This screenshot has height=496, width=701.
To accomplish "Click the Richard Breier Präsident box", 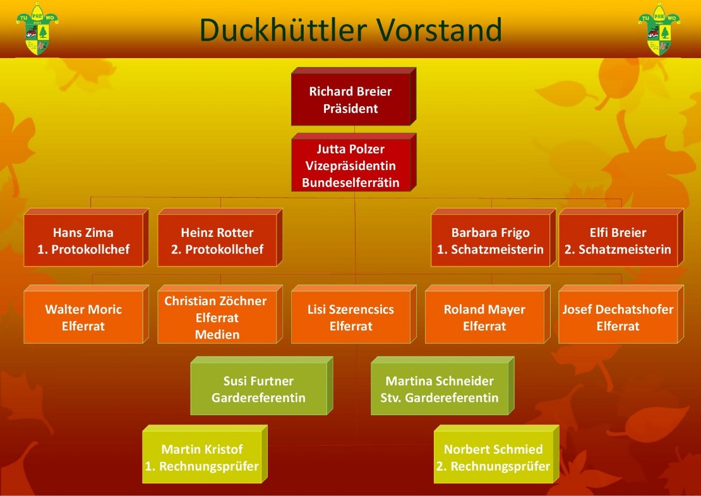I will pyautogui.click(x=350, y=100).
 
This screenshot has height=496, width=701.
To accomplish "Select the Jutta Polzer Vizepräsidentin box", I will pyautogui.click(x=350, y=166).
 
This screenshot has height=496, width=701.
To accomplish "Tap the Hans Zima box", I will pyautogui.click(x=83, y=241).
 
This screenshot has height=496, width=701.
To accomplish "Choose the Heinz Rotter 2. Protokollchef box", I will pyautogui.click(x=217, y=241).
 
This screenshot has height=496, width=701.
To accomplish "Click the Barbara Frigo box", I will pyautogui.click(x=490, y=241).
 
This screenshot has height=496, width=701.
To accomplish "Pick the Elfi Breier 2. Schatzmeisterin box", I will pyautogui.click(x=618, y=241).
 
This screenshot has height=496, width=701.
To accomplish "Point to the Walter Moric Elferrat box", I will pyautogui.click(x=83, y=318).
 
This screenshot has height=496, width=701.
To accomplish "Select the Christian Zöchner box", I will pyautogui.click(x=217, y=318).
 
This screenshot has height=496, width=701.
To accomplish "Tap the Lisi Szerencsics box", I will pyautogui.click(x=350, y=318).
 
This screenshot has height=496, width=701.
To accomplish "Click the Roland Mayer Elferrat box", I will pyautogui.click(x=484, y=318).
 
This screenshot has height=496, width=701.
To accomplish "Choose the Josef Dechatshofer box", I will pyautogui.click(x=618, y=318).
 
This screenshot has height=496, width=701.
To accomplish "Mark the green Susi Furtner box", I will pyautogui.click(x=258, y=389).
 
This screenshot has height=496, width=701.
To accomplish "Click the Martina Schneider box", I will pyautogui.click(x=440, y=389).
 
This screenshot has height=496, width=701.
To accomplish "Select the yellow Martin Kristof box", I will pyautogui.click(x=201, y=458).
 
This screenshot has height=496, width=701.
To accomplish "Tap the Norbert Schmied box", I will pyautogui.click(x=493, y=458).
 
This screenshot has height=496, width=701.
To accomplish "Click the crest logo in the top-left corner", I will pyautogui.click(x=38, y=29).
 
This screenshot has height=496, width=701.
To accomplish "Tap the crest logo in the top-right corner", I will pyautogui.click(x=659, y=29).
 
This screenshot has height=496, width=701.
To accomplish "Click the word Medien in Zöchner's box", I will pyautogui.click(x=217, y=334).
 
